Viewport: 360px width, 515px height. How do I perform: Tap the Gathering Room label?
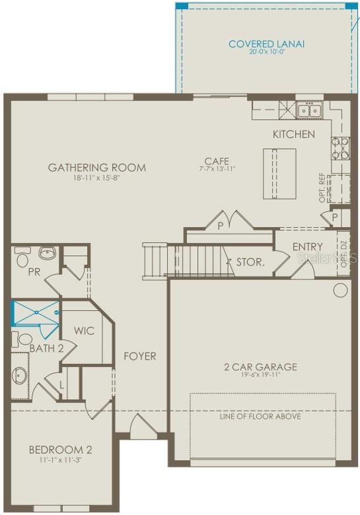(x=96, y=168)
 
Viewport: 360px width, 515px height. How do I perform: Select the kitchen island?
(x=279, y=173)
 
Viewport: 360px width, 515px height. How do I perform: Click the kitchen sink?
(x=308, y=110)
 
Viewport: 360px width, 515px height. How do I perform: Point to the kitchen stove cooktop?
(x=340, y=149)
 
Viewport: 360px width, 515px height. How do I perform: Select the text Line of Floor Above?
(x=260, y=417)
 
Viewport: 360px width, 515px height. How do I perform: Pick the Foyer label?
(x=140, y=357)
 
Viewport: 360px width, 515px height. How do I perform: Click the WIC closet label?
(x=84, y=331)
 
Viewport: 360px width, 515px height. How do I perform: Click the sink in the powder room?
(x=47, y=252)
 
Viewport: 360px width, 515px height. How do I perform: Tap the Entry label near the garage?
(x=307, y=247)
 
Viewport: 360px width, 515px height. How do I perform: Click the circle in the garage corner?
(x=340, y=289)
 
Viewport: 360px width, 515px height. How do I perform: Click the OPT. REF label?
(x=323, y=188)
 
